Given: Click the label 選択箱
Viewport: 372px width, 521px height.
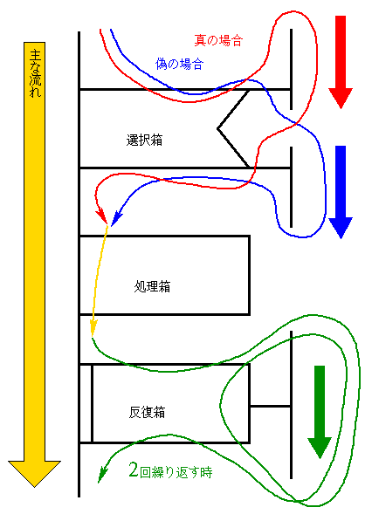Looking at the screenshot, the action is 144,141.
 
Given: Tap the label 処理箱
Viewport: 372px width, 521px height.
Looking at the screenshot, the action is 152,286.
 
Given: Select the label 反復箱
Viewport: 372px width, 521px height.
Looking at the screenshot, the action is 147,412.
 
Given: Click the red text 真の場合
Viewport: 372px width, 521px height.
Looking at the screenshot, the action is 218,40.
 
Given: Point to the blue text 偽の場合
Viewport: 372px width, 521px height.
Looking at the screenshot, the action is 180,64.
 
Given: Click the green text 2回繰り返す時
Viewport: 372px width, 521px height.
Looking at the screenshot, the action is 170,471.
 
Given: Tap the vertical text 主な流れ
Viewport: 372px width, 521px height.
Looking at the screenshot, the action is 35,73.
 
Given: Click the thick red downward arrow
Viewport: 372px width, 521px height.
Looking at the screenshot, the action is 341,62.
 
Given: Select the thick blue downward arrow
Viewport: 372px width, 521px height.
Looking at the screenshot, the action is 341,192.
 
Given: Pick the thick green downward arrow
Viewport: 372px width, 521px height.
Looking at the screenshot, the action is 320,412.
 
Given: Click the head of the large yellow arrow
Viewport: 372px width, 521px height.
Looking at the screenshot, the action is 34,474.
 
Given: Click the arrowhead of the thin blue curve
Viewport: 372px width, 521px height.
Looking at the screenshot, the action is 116,219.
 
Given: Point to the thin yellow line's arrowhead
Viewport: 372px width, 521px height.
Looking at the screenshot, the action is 93,328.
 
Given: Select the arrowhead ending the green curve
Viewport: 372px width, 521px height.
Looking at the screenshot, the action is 101,475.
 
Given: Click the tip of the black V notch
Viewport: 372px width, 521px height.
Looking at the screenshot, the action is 217,128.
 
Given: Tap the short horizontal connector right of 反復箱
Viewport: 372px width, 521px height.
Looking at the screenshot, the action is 271,406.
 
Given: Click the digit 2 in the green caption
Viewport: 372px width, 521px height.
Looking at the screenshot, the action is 134,470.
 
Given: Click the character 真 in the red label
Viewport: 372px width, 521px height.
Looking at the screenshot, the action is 201,40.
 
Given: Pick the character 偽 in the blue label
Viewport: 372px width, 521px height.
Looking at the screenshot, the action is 162,64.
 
